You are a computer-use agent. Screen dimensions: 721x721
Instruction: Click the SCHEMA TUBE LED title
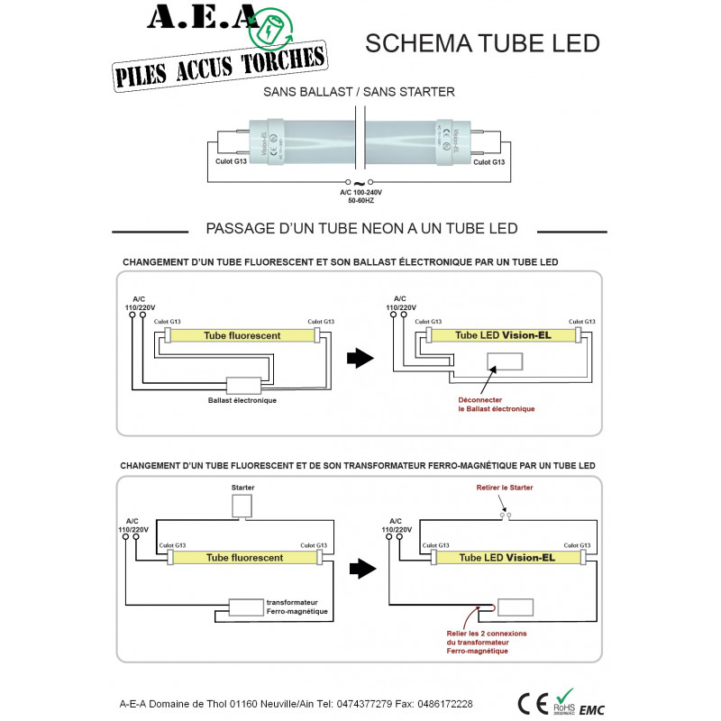pyautogui.click(x=481, y=42)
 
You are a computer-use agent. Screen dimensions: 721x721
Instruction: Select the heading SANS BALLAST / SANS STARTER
pyautogui.click(x=359, y=92)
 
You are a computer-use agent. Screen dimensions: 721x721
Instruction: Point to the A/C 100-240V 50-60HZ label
pyautogui.click(x=360, y=196)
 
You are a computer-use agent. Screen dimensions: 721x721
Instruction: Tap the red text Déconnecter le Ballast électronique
pyautogui.click(x=496, y=403)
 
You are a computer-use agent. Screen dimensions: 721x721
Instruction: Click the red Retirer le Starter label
pyautogui.click(x=504, y=488)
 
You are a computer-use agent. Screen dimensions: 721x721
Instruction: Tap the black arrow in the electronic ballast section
pyautogui.click(x=360, y=359)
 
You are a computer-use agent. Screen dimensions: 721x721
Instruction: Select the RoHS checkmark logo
pyautogui.click(x=565, y=700)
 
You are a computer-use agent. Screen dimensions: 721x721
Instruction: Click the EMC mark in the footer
pyautogui.click(x=592, y=708)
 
